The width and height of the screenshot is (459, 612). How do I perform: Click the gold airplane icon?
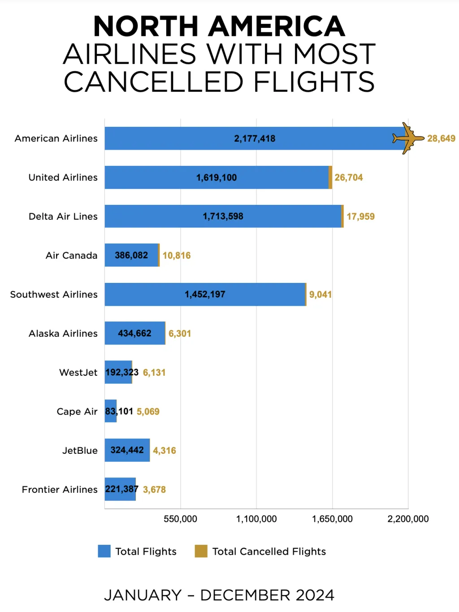click(407, 138)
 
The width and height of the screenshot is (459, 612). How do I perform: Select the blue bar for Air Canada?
click(131, 255)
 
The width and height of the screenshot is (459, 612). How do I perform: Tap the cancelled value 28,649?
click(441, 139)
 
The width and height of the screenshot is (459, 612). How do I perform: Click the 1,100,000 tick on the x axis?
click(256, 519)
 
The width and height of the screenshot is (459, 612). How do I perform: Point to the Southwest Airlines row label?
click(54, 295)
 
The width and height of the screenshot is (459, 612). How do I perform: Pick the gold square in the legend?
click(201, 551)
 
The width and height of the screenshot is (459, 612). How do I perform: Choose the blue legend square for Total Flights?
click(104, 551)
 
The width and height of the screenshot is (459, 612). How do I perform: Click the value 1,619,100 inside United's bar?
click(217, 178)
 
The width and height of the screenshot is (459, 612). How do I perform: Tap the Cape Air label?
click(77, 412)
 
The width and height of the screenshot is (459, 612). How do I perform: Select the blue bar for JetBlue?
click(127, 450)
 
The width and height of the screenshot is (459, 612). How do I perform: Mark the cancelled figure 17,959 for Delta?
click(360, 217)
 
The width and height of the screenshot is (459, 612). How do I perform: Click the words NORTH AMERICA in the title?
click(219, 26)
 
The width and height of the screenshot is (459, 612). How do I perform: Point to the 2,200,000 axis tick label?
click(408, 519)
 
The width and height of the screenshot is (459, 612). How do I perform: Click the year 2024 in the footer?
click(315, 595)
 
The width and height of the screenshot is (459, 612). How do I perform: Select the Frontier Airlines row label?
click(60, 490)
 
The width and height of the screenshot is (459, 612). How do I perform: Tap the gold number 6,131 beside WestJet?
click(154, 373)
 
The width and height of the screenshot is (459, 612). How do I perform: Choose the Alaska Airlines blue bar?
click(135, 333)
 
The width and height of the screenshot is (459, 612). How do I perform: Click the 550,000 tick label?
click(180, 519)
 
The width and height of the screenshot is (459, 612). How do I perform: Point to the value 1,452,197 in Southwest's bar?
click(205, 295)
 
